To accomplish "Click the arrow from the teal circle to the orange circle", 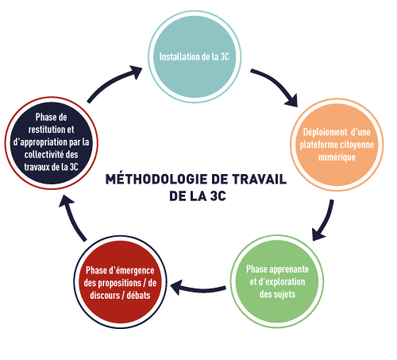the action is [278, 82].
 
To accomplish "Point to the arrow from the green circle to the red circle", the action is [198, 289].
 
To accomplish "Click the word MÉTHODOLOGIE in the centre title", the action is [156, 179].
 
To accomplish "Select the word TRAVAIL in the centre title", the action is [260, 179].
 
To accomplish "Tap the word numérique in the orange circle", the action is [337, 157].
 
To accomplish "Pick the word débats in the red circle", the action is [138, 296].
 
